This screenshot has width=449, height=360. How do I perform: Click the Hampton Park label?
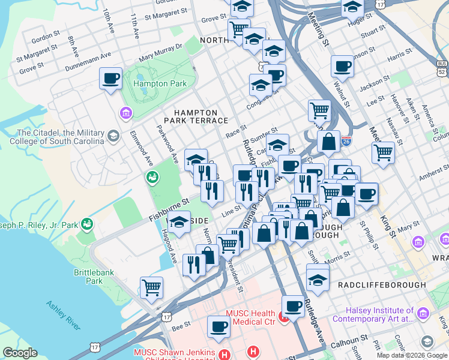point(160,84)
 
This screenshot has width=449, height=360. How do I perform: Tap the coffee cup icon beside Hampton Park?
point(111,78)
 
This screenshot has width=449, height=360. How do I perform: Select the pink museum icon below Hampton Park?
point(126,113)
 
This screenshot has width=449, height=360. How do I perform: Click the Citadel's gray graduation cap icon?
point(113,137)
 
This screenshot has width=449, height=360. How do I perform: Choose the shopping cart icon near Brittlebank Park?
point(151,287)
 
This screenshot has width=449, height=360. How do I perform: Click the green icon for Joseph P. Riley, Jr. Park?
point(88,224)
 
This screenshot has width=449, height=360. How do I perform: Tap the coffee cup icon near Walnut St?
point(342,66)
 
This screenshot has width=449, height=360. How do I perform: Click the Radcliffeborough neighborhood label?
point(381,284)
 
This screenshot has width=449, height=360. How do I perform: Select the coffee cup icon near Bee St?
point(218,326)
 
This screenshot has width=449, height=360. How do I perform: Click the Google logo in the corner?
point(20,353)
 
